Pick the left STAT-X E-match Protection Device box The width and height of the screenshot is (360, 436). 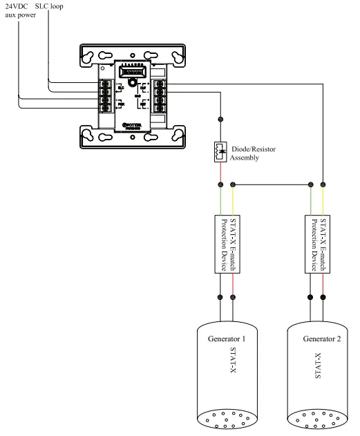pos(227,243)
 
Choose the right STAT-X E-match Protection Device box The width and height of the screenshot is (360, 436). pos(316,243)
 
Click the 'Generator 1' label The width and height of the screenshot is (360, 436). pos(226,339)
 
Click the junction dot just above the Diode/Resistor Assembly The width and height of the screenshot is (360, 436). pos(220,118)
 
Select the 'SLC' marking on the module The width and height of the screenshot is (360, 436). pos(120,87)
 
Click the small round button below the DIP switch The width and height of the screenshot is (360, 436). pos(128,86)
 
